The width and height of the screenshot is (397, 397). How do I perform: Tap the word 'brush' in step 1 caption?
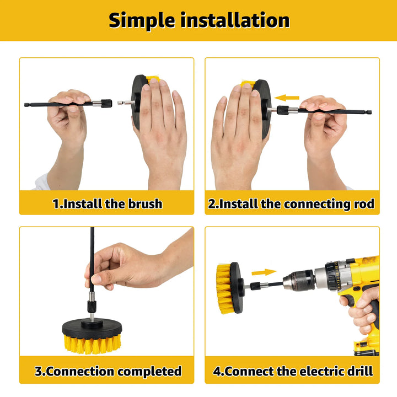tap(144, 204)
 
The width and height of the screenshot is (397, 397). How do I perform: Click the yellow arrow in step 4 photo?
tap(264, 272)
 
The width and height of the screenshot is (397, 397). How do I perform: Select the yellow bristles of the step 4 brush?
tap(223, 287)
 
